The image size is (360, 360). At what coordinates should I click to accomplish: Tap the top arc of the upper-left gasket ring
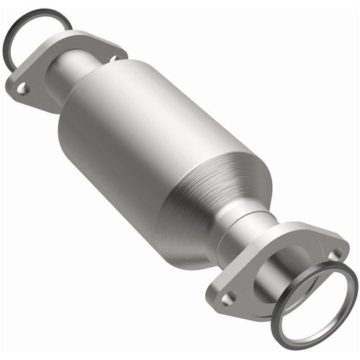36,12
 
